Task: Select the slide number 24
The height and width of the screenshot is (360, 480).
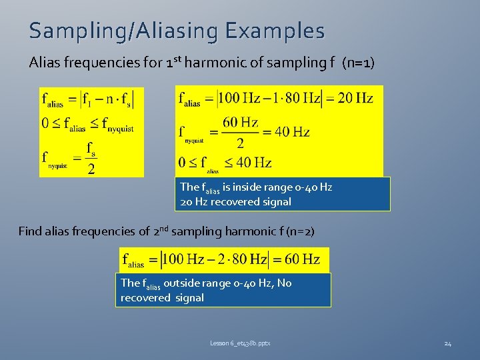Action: pyautogui.click(x=448, y=343)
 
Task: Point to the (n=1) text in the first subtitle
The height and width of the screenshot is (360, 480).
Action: pyautogui.click(x=358, y=63)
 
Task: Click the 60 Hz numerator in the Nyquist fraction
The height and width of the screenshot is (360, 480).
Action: pyautogui.click(x=240, y=122)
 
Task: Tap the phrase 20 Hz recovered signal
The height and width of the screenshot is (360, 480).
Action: pyautogui.click(x=235, y=201)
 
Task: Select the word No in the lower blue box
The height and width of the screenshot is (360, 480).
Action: pyautogui.click(x=284, y=283)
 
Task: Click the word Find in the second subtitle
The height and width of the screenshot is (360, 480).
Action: pyautogui.click(x=31, y=231)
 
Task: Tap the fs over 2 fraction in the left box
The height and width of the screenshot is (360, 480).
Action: pyautogui.click(x=91, y=157)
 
